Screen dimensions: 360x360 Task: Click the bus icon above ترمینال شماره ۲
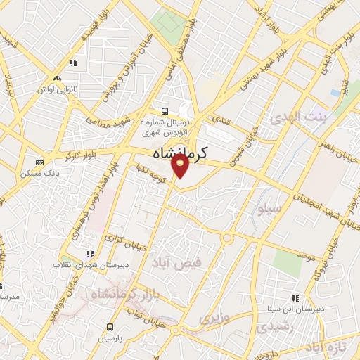point(165,110)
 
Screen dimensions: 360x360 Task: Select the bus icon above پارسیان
point(110,327)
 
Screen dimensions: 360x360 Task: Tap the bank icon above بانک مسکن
point(39,162)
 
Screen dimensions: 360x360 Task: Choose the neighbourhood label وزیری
point(214,319)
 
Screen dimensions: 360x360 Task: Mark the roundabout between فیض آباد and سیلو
point(226,237)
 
